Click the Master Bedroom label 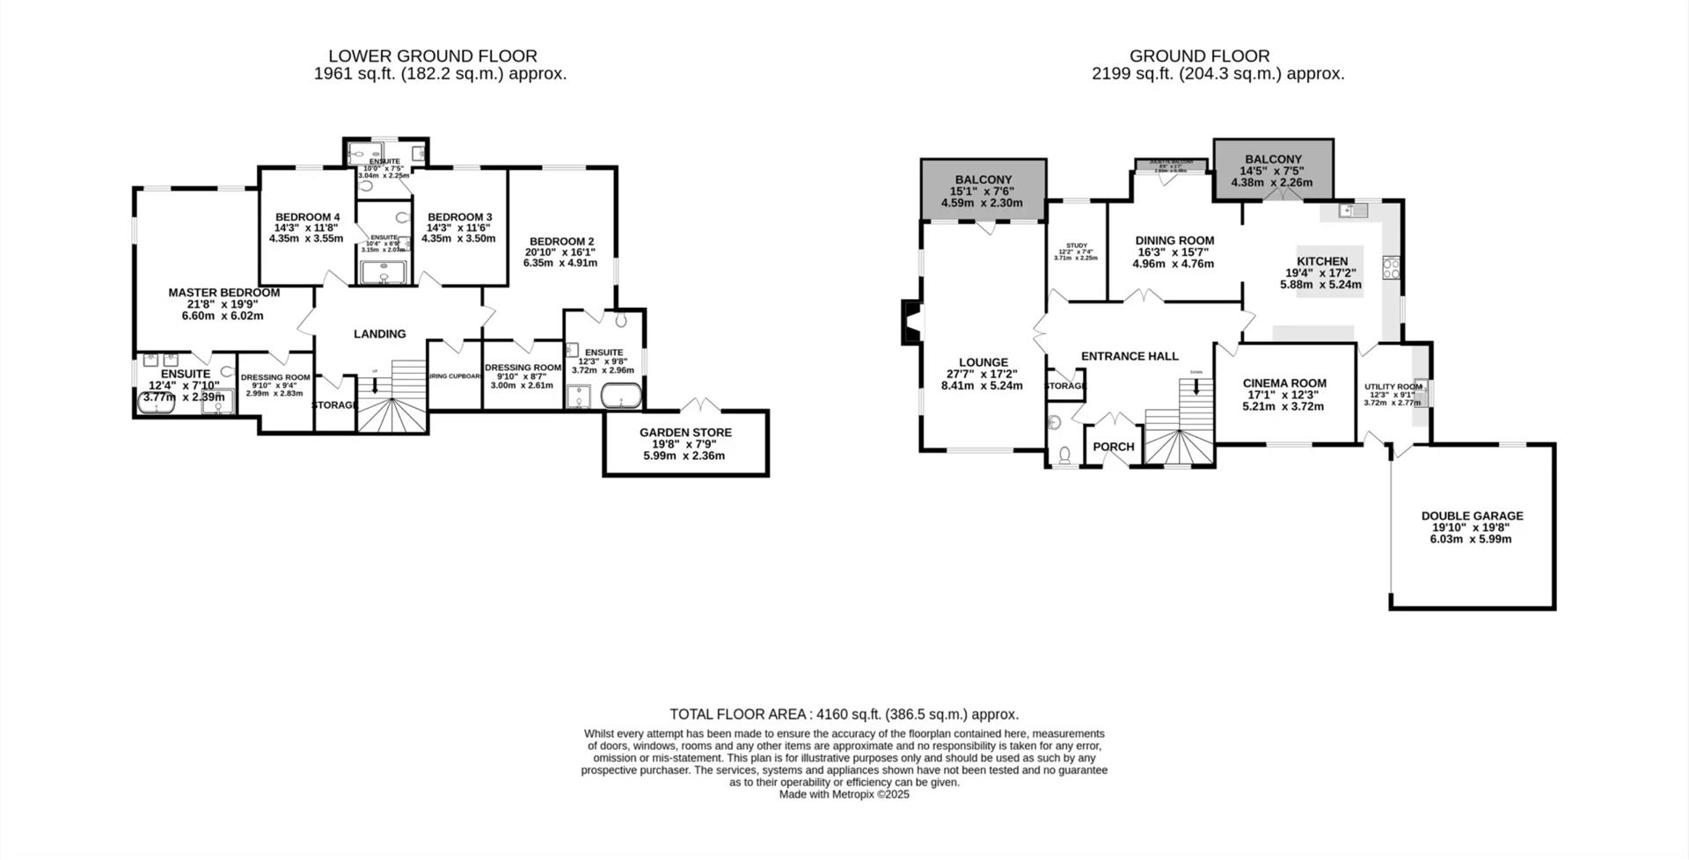pyautogui.click(x=224, y=293)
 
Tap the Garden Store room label pyautogui.click(x=685, y=433)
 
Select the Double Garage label pyautogui.click(x=1472, y=516)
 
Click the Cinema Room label pyautogui.click(x=1284, y=383)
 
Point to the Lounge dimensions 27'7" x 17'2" pyautogui.click(x=982, y=374)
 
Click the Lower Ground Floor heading pyautogui.click(x=433, y=56)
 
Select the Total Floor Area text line pyautogui.click(x=844, y=714)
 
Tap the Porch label pyautogui.click(x=1113, y=447)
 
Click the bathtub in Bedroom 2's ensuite pyautogui.click(x=621, y=399)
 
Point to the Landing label pyautogui.click(x=379, y=334)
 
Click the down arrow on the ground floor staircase pyautogui.click(x=1196, y=384)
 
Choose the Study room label pyautogui.click(x=1077, y=246)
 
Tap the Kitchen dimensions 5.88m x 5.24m pyautogui.click(x=1320, y=285)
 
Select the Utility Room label pyautogui.click(x=1393, y=387)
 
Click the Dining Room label pyautogui.click(x=1174, y=241)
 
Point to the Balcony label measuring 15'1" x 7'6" pyautogui.click(x=983, y=180)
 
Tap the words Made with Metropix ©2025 pyautogui.click(x=844, y=794)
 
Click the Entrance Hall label pyautogui.click(x=1130, y=356)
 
